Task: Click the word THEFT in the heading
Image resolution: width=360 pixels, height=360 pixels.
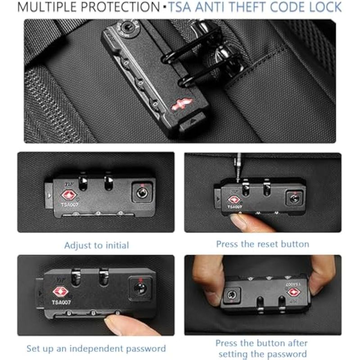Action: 247,7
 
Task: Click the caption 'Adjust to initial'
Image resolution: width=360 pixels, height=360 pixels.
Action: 97,245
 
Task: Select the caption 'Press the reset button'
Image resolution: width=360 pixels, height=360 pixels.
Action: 263,244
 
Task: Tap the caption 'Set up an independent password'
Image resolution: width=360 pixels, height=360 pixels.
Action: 96,348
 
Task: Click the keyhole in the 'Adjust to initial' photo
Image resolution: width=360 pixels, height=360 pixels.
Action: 142,193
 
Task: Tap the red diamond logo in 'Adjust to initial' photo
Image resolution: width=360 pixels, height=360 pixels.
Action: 69,195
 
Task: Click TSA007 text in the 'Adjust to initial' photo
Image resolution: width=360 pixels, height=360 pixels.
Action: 70,204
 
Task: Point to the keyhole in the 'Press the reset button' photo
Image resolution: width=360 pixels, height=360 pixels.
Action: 294,198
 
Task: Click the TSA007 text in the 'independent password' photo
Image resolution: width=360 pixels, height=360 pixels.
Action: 61,302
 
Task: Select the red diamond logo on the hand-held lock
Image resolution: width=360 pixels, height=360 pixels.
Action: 294,292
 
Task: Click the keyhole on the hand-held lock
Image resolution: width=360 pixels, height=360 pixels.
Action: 232,295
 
